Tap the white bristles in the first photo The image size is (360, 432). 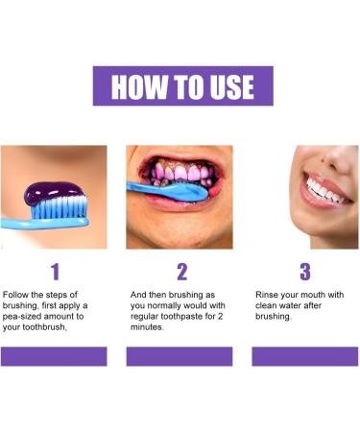pyautogui.click(x=57, y=204)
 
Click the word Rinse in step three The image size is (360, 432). pyautogui.click(x=268, y=294)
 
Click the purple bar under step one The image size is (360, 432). pyautogui.click(x=54, y=356)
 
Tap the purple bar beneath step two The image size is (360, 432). pyautogui.click(x=180, y=356)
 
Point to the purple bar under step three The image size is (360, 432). pyautogui.click(x=305, y=356)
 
